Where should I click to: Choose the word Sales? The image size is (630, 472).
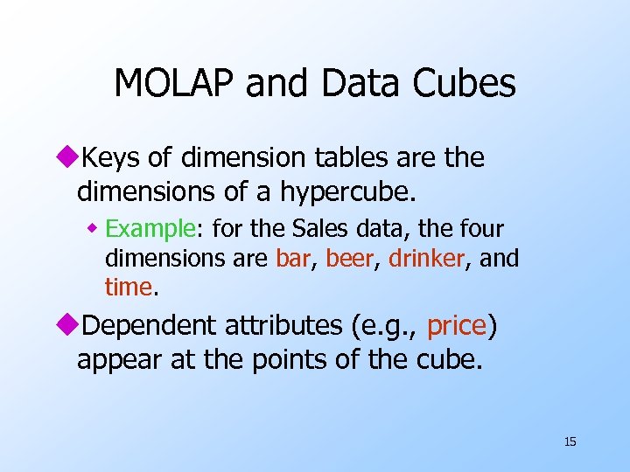tap(324, 229)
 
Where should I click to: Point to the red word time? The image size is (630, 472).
tap(128, 286)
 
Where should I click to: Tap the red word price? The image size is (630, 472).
tap(457, 326)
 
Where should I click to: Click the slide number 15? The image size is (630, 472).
tap(570, 441)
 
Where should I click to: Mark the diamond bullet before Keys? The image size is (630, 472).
tap(69, 158)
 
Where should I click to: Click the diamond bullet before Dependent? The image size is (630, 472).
tap(69, 326)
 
